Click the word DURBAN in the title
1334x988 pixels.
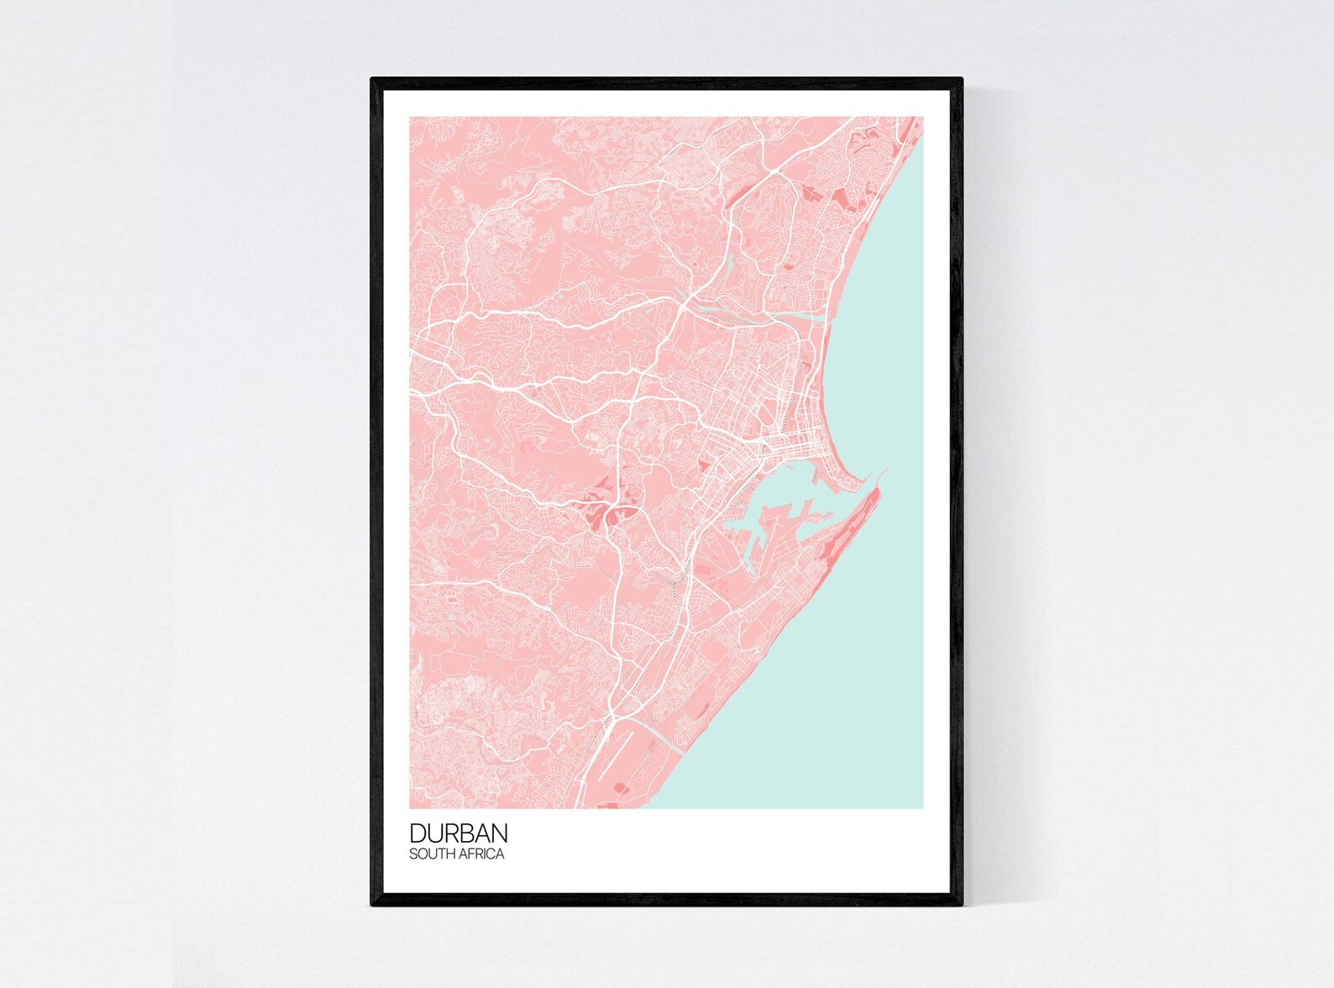[x=459, y=833]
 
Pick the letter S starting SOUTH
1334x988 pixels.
[x=412, y=854]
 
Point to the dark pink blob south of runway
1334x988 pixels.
[x=622, y=788]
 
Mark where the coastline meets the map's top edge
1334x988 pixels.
[x=917, y=118]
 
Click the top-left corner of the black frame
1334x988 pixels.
[x=372, y=79]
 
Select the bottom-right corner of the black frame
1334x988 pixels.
[x=962, y=905]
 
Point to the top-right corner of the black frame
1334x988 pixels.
[x=962, y=79]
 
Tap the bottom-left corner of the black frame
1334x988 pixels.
[x=372, y=905]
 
